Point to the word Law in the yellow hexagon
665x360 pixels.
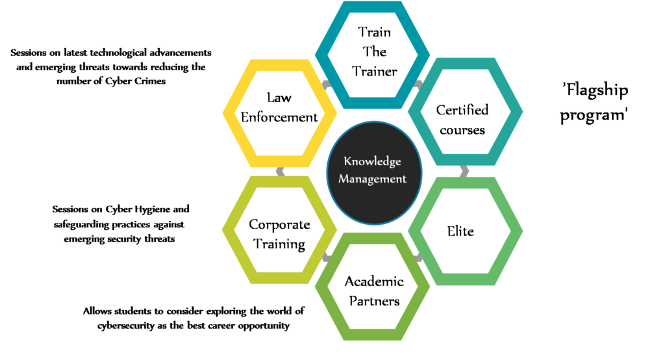point(279,97)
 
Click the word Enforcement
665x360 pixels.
point(279,117)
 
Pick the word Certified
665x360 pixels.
point(462,110)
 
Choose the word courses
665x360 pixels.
point(462,129)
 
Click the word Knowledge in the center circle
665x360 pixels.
point(373,162)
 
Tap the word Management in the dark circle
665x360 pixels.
point(373,179)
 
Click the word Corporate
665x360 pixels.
point(279,225)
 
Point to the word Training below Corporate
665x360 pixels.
point(279,244)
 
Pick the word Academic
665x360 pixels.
point(373,281)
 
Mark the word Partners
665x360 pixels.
point(373,301)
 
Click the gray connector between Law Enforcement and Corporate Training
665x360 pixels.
point(280,172)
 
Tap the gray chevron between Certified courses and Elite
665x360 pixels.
point(464,172)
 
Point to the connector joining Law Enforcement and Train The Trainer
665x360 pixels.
point(326,84)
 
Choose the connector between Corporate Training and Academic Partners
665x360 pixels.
point(326,258)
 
